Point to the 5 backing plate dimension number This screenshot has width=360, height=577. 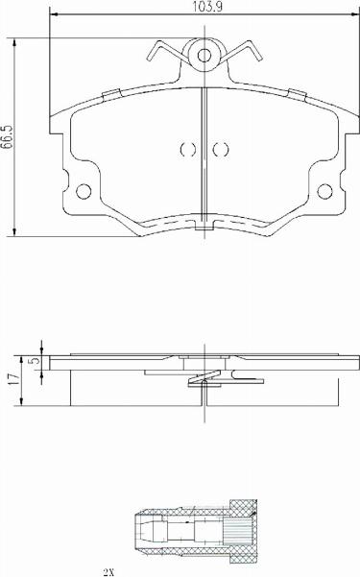35,362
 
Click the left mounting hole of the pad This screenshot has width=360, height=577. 83,188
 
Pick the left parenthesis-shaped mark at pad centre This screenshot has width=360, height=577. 185,149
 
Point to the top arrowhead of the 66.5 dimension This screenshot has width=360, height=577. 16,42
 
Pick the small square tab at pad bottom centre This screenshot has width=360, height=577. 203,228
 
